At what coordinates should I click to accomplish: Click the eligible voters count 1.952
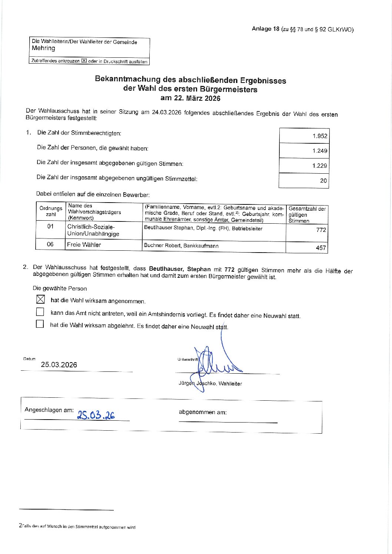(320, 136)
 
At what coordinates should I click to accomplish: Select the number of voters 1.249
(320, 151)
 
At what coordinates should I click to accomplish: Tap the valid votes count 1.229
(320, 166)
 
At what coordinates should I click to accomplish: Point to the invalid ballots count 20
(323, 181)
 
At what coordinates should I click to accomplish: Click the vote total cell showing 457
(320, 248)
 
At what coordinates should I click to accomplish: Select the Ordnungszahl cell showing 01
(50, 226)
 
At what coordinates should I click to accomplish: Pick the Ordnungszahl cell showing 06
(50, 244)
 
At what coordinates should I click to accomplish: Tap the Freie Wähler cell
(84, 244)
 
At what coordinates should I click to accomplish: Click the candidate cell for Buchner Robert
(181, 246)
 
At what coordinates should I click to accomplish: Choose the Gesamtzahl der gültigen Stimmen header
(307, 215)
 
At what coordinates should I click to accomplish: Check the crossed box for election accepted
(40, 299)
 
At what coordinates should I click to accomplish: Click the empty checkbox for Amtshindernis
(40, 312)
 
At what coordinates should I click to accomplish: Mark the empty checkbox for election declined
(40, 324)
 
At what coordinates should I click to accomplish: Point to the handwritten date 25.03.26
(96, 415)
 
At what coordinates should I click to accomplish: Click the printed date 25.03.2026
(59, 365)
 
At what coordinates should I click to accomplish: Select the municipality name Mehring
(43, 48)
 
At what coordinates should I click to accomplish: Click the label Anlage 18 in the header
(265, 29)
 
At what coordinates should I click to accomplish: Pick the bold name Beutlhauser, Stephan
(180, 269)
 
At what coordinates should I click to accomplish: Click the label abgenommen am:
(203, 412)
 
